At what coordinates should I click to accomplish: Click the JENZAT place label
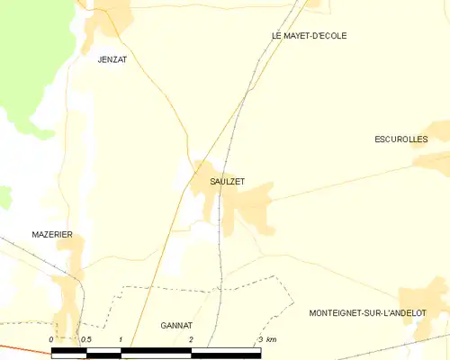tap(112, 59)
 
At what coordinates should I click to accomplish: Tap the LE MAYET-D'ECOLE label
tap(309, 36)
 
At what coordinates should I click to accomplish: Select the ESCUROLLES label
tap(400, 139)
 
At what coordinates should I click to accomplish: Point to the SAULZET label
tap(227, 182)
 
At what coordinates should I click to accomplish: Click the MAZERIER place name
tap(51, 235)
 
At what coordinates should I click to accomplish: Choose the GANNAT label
tap(177, 325)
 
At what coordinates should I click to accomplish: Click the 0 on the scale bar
tap(52, 339)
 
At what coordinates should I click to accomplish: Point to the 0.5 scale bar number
tap(85, 339)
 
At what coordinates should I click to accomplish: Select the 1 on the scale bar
tap(121, 339)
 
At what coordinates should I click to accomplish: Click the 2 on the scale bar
tap(191, 339)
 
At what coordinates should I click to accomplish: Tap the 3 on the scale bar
tap(261, 339)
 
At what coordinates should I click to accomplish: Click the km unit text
tap(272, 339)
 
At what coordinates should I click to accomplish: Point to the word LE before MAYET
tap(276, 36)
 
